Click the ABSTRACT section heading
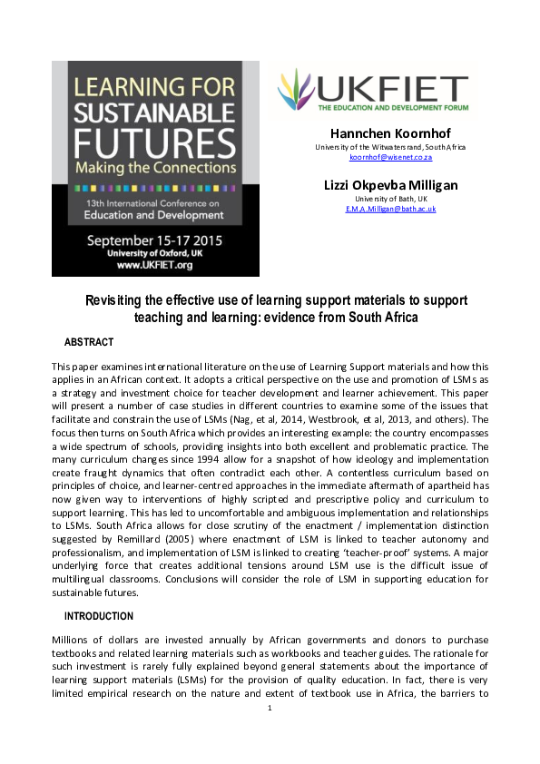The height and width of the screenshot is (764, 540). point(89,342)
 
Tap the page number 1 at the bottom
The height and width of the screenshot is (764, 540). point(270,733)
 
